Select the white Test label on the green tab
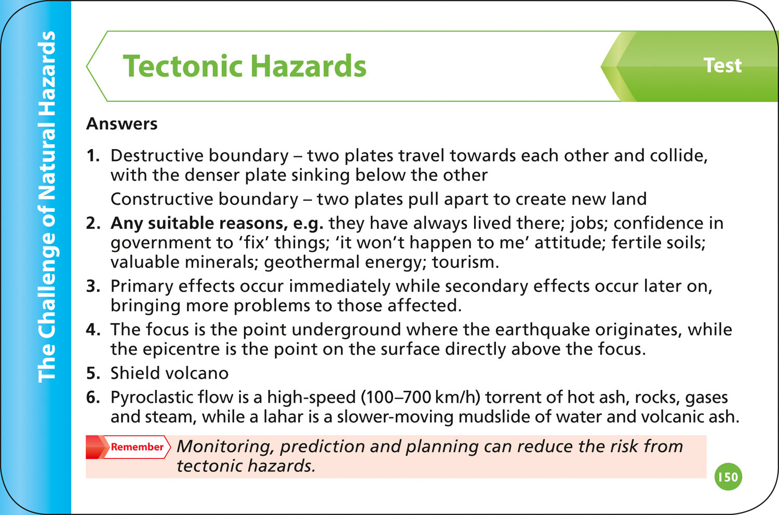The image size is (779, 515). (722, 65)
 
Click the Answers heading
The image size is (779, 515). (122, 124)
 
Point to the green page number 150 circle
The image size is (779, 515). (728, 477)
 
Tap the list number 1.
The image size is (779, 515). (92, 155)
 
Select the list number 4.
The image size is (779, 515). (92, 330)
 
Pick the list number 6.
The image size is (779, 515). (92, 397)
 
